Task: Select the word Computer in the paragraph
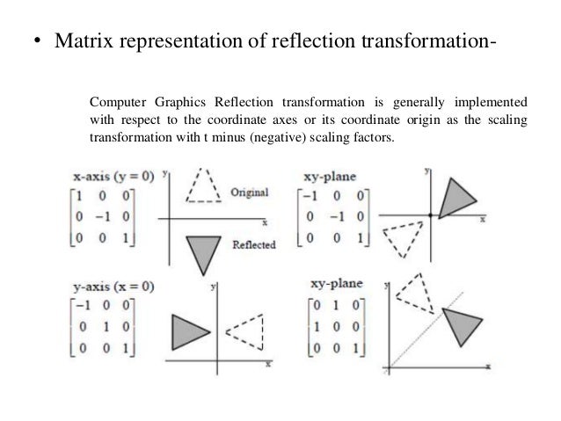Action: click(118, 98)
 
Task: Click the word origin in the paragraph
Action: click(408, 119)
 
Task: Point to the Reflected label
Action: click(254, 245)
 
